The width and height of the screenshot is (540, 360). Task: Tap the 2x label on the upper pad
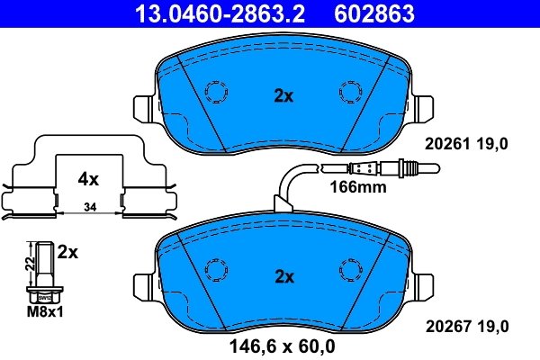(x=283, y=96)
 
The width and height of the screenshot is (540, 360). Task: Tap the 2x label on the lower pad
(x=283, y=276)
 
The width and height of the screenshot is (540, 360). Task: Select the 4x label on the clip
(x=87, y=179)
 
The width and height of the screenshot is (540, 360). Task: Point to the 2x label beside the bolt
(x=68, y=253)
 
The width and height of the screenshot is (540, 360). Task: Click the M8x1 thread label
(x=43, y=312)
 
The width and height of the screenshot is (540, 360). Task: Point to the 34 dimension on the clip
(x=88, y=209)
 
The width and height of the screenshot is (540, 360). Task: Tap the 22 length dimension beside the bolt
(x=30, y=263)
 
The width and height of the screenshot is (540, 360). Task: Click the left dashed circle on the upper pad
(x=216, y=93)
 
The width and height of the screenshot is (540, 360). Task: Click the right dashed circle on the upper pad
(x=348, y=93)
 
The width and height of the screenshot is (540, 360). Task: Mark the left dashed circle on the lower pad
(x=216, y=270)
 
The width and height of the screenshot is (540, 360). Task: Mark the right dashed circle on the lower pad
(x=348, y=270)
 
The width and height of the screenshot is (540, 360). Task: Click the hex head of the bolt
(x=43, y=292)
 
